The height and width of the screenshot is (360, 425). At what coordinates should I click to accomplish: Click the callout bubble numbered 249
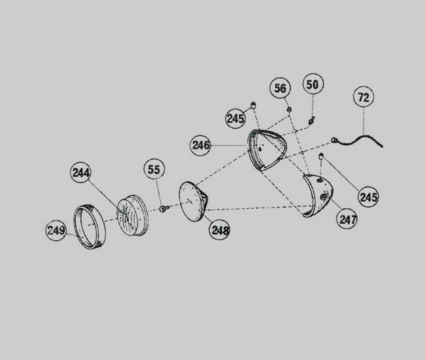tap(56, 230)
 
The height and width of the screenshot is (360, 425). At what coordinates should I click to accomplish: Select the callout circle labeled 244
tap(81, 173)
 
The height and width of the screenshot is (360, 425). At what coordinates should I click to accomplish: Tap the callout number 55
tap(154, 170)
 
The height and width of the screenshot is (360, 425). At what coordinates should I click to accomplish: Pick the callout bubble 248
tap(220, 230)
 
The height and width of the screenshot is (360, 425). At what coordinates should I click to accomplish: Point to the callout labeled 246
tap(200, 145)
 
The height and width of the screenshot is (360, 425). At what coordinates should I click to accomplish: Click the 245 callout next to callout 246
tap(236, 118)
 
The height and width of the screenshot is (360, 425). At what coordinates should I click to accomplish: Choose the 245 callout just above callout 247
tap(368, 197)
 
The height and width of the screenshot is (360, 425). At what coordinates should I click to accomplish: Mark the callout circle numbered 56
tap(280, 88)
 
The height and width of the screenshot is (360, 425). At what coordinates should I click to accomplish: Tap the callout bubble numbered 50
tap(313, 84)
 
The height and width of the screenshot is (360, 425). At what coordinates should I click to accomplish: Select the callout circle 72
tap(364, 97)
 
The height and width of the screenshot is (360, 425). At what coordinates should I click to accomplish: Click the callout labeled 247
tap(347, 219)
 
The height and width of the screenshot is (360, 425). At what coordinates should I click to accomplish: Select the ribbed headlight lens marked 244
tap(133, 215)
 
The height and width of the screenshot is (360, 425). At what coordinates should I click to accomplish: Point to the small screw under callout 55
tap(163, 208)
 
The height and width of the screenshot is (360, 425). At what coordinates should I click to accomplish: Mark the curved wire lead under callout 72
tap(357, 138)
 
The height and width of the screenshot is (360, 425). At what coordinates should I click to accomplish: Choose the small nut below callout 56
tap(289, 109)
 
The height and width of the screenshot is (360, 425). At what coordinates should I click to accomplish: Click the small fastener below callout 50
tap(311, 120)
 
